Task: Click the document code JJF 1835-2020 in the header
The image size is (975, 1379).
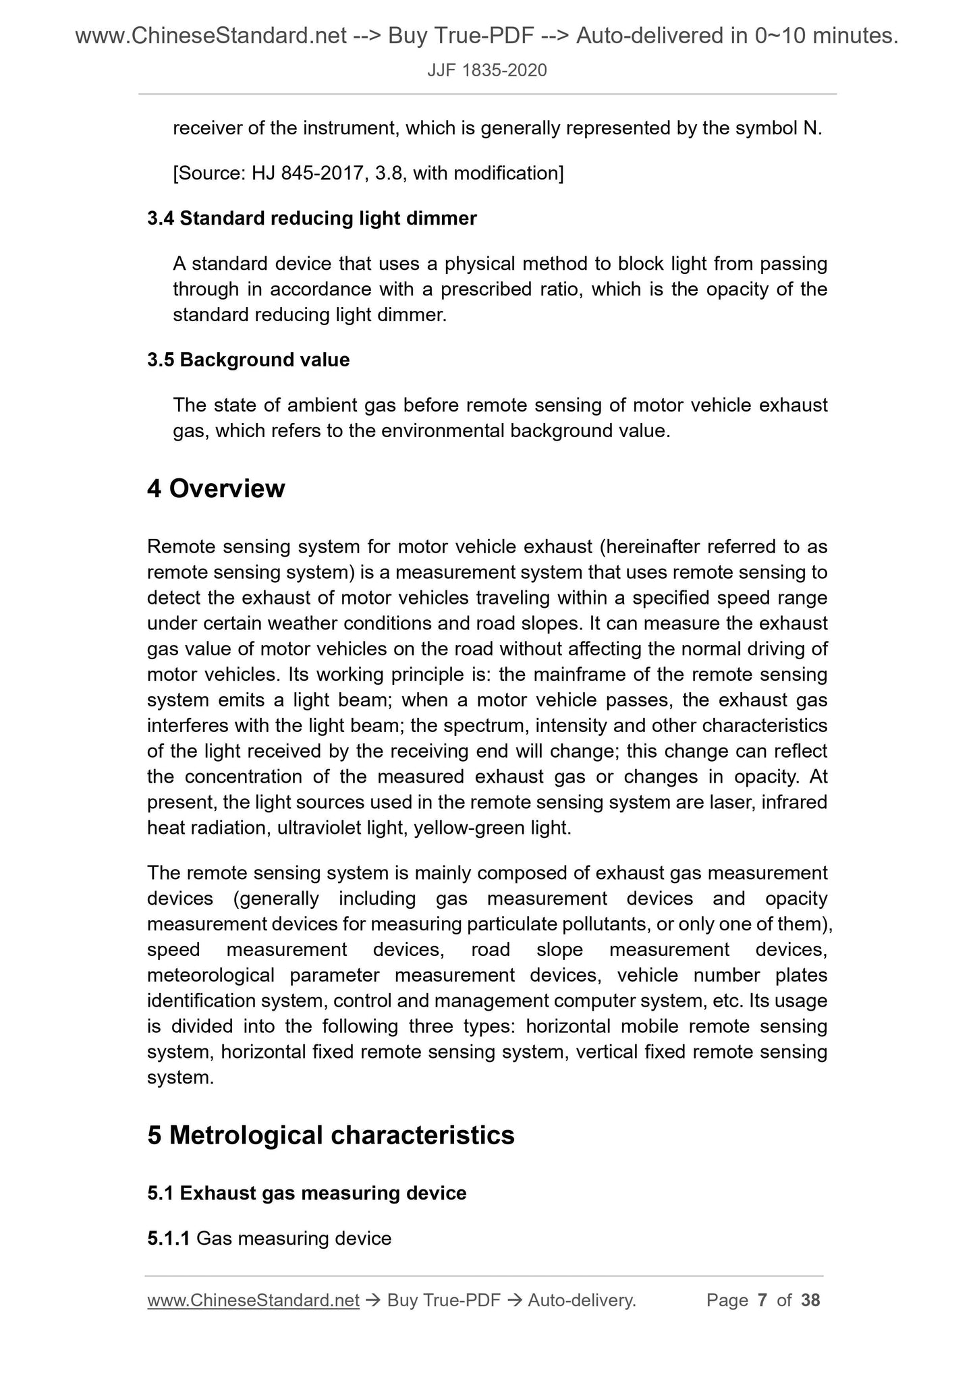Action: pyautogui.click(x=487, y=70)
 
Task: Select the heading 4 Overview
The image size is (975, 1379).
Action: pyautogui.click(x=216, y=488)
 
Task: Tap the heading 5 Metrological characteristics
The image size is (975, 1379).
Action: pyautogui.click(x=331, y=1135)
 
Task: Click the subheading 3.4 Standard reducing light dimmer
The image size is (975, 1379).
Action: pyautogui.click(x=312, y=219)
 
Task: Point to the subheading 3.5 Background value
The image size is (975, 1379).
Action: pyautogui.click(x=248, y=360)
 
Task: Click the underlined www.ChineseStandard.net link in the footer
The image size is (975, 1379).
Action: pyautogui.click(x=253, y=1300)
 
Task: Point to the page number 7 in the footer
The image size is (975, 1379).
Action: pyautogui.click(x=762, y=1300)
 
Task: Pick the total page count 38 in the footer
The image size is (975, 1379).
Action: pyautogui.click(x=810, y=1300)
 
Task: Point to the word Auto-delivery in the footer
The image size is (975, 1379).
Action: pyautogui.click(x=582, y=1300)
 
